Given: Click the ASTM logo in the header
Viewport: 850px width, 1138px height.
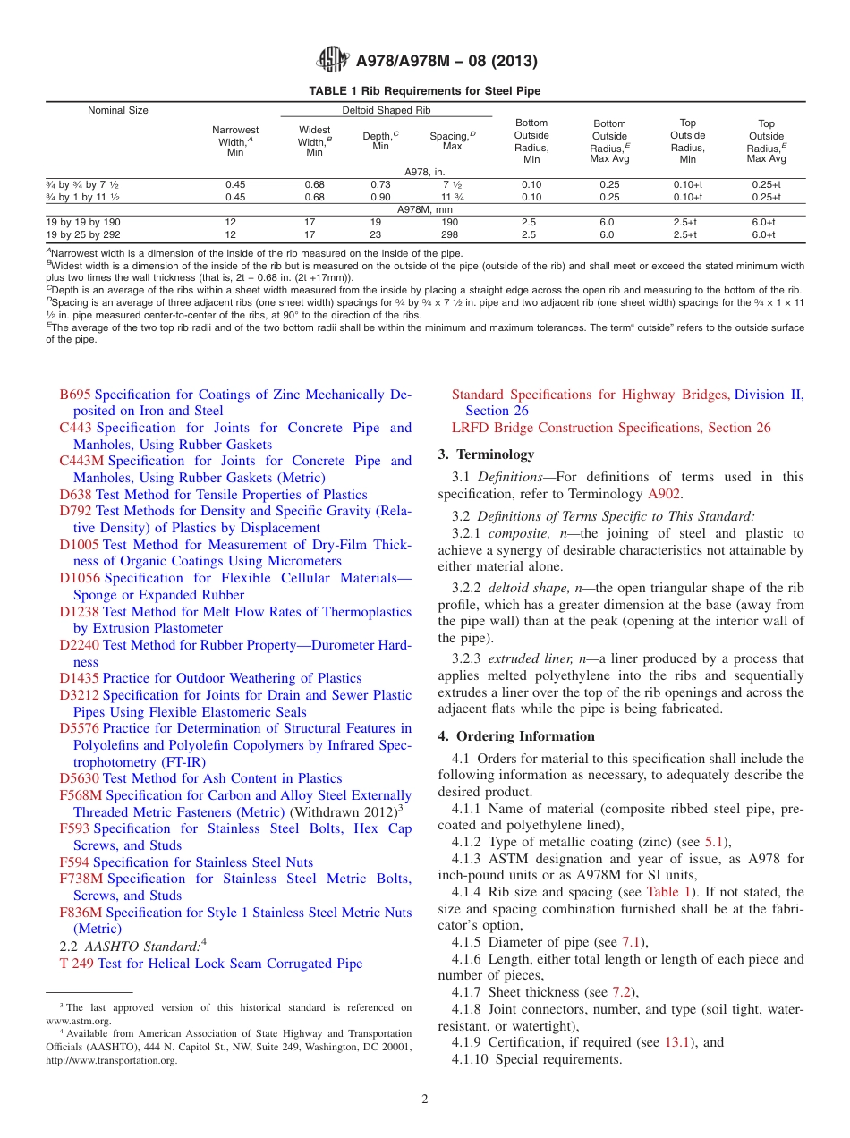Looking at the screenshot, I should click(332, 60).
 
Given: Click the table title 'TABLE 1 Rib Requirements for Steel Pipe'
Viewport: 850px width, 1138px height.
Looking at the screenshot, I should click(424, 91).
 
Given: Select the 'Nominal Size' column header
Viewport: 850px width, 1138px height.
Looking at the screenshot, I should click(118, 111).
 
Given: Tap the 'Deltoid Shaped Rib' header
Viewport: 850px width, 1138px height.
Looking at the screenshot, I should click(386, 111).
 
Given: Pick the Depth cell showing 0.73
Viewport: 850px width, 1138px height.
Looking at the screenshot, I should click(380, 185).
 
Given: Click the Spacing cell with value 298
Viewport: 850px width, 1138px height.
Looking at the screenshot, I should click(449, 234).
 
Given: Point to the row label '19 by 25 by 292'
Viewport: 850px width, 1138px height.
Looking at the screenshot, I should click(83, 234).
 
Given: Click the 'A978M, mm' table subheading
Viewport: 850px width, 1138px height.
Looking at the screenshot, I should click(425, 209).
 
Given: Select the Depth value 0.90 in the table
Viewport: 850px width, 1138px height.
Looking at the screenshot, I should click(380, 197).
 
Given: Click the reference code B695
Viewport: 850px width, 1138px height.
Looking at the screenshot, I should click(75, 395).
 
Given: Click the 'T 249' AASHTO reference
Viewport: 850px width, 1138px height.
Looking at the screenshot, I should click(76, 964).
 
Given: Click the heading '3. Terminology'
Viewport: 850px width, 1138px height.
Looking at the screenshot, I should click(486, 454).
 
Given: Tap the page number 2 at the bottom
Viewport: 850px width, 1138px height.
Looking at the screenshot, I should click(425, 1100).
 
